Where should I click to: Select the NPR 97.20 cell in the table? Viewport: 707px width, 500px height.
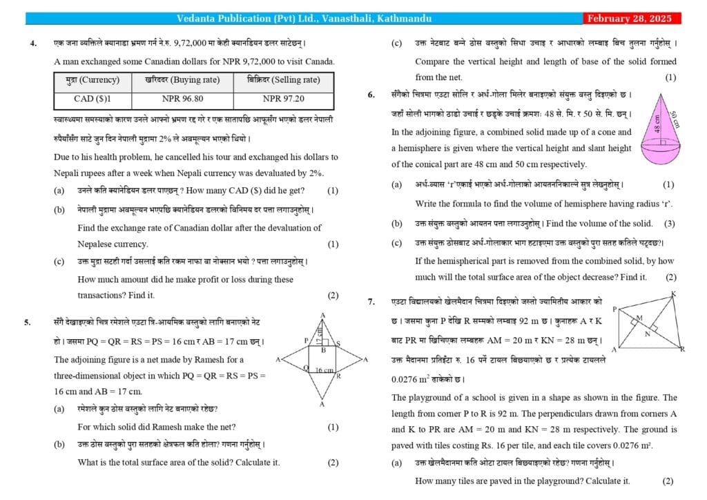283,99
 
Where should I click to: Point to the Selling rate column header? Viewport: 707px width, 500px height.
283,80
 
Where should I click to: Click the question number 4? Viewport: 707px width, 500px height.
33,44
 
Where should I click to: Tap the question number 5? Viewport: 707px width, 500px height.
28,322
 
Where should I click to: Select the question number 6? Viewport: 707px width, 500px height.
373,94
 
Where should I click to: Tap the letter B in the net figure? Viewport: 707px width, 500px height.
322,350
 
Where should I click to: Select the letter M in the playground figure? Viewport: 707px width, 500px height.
639,317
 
